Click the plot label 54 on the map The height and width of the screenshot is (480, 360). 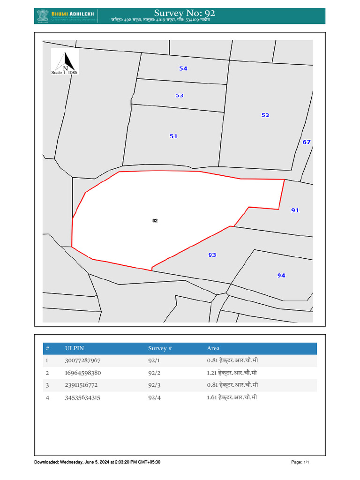pos(183,69)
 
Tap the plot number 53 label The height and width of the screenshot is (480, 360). pos(180,96)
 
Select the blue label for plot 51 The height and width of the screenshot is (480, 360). pos(173,136)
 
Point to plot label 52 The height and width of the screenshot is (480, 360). pos(265,115)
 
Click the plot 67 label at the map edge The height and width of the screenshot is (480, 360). pos(307,142)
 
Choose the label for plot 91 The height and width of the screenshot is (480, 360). pos(295,210)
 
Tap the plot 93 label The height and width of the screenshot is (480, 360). pos(212,255)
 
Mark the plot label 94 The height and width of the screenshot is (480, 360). pos(281,276)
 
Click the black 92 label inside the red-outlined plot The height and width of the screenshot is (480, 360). pos(155,220)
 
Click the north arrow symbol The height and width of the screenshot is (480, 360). pos(66,60)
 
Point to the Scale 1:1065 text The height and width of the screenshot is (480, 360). pos(64,73)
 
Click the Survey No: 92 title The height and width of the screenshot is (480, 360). pos(184,13)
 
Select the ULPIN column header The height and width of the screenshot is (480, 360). pos(75,348)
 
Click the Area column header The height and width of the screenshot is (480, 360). pos(213,348)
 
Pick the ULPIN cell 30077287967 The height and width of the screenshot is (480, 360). pos(83,361)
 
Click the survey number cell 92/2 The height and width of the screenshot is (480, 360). pos(154,373)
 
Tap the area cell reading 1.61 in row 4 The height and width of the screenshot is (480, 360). pos(232,397)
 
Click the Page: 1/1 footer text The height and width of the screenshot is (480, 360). pos(300,462)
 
